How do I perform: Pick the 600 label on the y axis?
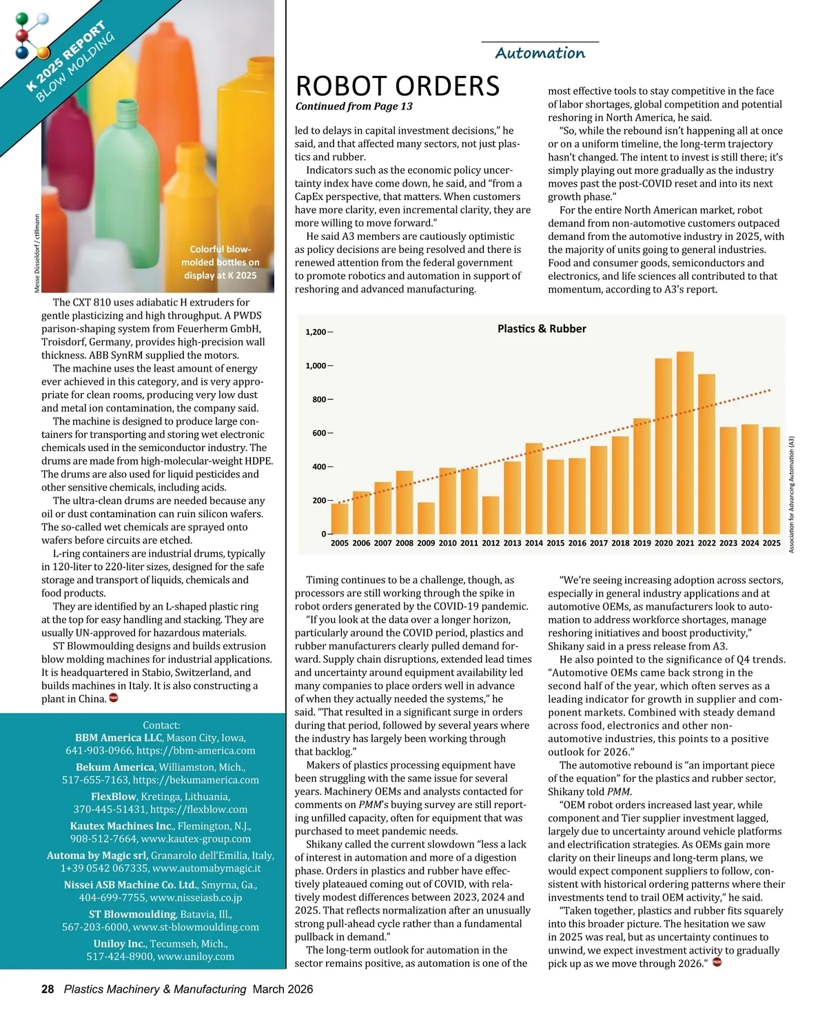pyautogui.click(x=319, y=433)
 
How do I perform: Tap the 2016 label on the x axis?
pyautogui.click(x=577, y=543)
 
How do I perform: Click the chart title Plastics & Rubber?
pyautogui.click(x=542, y=329)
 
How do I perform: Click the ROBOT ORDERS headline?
pyautogui.click(x=398, y=86)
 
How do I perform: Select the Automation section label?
pyautogui.click(x=540, y=53)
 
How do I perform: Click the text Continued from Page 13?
pyautogui.click(x=354, y=106)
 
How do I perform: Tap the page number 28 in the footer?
pyautogui.click(x=48, y=989)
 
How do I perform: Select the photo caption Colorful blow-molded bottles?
pyautogui.click(x=220, y=262)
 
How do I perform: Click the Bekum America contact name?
pyautogui.click(x=115, y=767)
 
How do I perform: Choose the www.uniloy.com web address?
pyautogui.click(x=196, y=956)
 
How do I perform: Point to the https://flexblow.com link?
pyautogui.click(x=198, y=810)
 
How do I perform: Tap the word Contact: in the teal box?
pyautogui.click(x=161, y=725)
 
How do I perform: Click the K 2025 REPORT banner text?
pyautogui.click(x=66, y=57)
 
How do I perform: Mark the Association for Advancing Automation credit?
pyautogui.click(x=791, y=494)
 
